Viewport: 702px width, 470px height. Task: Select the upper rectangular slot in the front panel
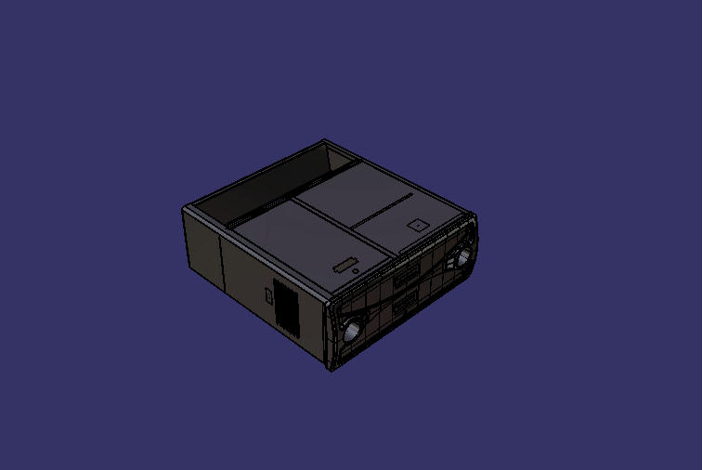[x=405, y=274]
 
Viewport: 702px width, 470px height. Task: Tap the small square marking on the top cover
[x=417, y=224]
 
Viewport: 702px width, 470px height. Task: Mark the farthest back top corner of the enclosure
[x=324, y=140]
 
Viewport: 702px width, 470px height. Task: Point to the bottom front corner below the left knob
[x=333, y=371]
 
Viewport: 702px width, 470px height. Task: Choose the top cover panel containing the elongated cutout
[x=306, y=246]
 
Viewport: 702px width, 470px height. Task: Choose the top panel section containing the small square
[x=409, y=219]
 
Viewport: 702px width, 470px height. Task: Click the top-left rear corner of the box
[x=183, y=209]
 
